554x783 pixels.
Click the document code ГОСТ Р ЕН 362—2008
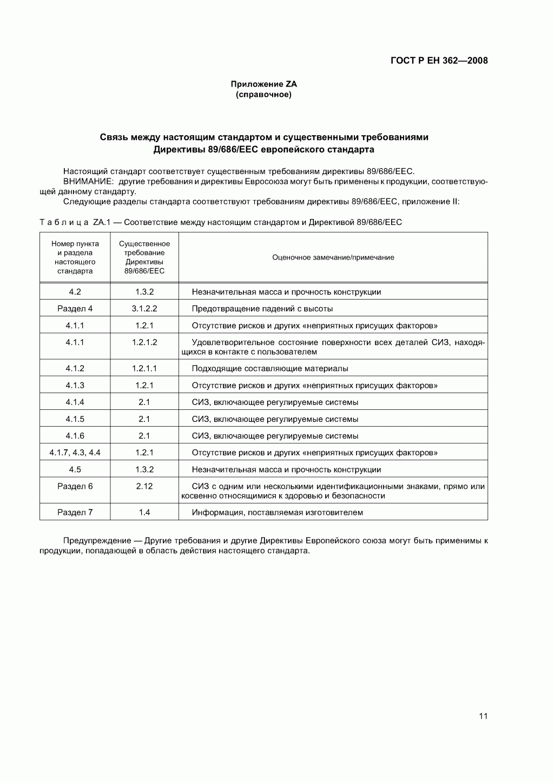click(439, 61)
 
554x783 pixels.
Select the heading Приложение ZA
click(263, 84)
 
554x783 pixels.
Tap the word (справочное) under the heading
click(263, 95)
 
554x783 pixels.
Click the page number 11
click(483, 716)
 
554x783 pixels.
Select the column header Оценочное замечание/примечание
click(333, 257)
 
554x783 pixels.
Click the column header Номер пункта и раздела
click(75, 257)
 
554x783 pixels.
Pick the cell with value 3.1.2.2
click(144, 309)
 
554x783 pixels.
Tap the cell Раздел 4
click(75, 309)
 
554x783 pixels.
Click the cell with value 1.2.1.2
click(144, 342)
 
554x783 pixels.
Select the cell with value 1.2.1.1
click(144, 368)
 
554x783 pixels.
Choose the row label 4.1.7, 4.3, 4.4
click(75, 453)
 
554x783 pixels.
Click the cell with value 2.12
click(144, 486)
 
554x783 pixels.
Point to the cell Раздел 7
click(75, 512)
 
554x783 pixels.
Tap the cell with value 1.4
click(144, 512)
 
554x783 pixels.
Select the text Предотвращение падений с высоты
click(262, 309)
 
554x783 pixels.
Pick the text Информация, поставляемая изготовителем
click(278, 512)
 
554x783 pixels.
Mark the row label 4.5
click(75, 469)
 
